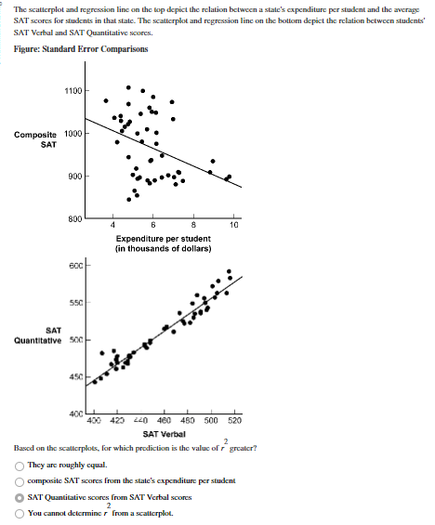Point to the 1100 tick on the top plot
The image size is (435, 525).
tap(72, 91)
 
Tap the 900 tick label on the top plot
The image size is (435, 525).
tap(74, 177)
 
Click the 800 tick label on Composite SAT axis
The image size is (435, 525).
tap(74, 218)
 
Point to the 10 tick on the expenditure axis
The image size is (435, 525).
tap(234, 225)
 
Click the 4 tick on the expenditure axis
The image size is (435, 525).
tap(113, 225)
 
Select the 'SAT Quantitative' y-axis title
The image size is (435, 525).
tap(37, 335)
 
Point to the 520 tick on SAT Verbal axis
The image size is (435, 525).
tap(234, 421)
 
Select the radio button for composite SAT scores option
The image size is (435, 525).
tap(20, 481)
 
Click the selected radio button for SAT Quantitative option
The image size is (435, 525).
tap(20, 498)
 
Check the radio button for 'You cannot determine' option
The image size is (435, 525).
tap(20, 514)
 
